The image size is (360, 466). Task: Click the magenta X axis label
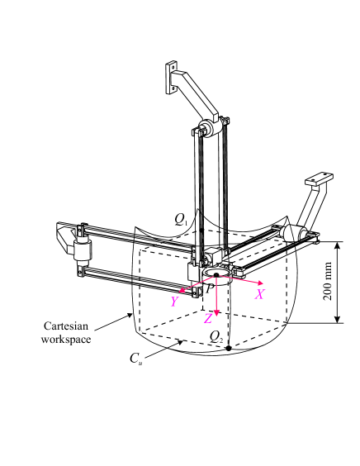pos(258,294)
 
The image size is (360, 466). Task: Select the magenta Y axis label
pos(174,302)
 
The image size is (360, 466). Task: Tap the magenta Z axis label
pos(209,319)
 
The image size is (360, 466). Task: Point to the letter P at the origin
pos(209,287)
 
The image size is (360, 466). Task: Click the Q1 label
pos(182,219)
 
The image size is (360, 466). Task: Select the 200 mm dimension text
pos(328,283)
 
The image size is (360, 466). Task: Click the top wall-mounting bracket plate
pos(172,76)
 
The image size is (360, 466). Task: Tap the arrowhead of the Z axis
pos(216,313)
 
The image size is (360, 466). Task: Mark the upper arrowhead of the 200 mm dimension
pos(340,245)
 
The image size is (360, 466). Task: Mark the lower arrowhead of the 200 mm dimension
pos(340,320)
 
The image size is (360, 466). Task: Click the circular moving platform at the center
pos(216,273)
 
